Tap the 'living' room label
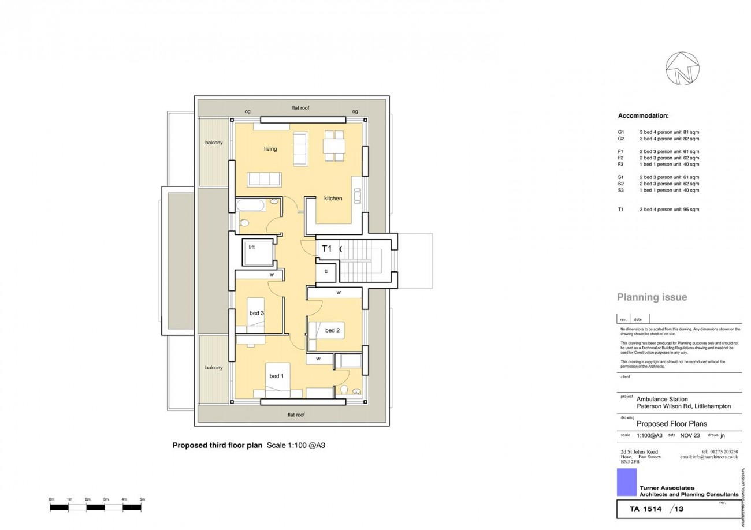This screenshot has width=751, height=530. pyautogui.click(x=270, y=149)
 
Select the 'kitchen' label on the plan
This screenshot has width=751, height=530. pyautogui.click(x=333, y=199)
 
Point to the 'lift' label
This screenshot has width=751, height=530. pyautogui.click(x=252, y=247)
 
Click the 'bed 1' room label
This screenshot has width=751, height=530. pyautogui.click(x=277, y=376)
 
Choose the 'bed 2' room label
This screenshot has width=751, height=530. pyautogui.click(x=332, y=330)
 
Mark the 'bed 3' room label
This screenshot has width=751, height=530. pyautogui.click(x=257, y=313)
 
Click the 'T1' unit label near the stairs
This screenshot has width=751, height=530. pyautogui.click(x=326, y=249)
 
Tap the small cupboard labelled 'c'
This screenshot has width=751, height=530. pyautogui.click(x=326, y=271)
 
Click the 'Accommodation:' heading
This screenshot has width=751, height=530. pyautogui.click(x=643, y=116)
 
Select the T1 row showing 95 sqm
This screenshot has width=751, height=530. pyautogui.click(x=659, y=210)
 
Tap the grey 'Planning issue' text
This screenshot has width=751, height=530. pyautogui.click(x=652, y=297)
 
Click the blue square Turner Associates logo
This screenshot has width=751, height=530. pyautogui.click(x=626, y=482)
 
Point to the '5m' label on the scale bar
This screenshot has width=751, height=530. pyautogui.click(x=142, y=499)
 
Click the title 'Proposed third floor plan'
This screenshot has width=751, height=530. pyautogui.click(x=217, y=445)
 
